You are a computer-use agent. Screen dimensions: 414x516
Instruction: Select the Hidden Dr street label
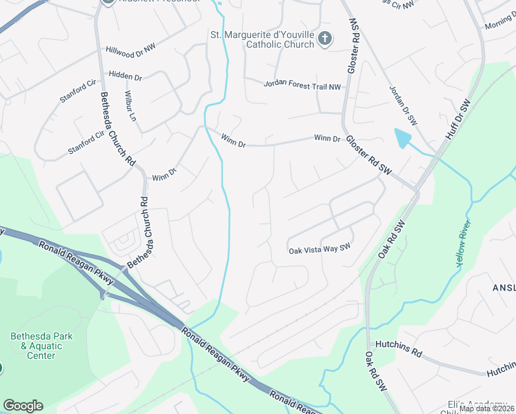coord(125,76)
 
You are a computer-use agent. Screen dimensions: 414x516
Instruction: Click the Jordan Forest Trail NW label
coord(303,85)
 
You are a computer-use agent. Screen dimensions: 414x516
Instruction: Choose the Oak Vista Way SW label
coord(319,249)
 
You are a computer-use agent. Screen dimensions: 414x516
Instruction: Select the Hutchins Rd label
coord(398,347)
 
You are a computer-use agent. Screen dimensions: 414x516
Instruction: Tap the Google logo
coord(23,406)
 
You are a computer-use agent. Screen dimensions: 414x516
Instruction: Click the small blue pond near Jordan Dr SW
coord(402,139)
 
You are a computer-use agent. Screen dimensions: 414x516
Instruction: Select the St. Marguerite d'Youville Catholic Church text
coord(262,39)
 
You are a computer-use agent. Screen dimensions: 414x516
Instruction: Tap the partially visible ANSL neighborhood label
coord(503,286)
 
